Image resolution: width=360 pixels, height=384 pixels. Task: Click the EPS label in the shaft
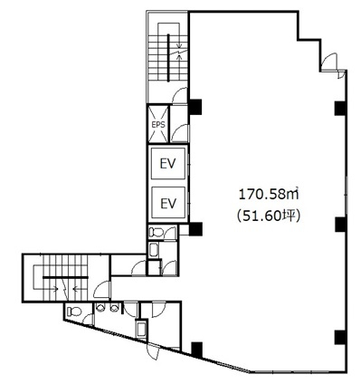(158, 124)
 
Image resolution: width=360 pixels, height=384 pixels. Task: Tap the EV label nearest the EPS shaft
(167, 164)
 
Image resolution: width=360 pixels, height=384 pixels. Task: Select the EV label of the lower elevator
(167, 203)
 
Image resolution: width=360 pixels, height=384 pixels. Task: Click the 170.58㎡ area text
(269, 195)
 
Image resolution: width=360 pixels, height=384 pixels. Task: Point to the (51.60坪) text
(269, 216)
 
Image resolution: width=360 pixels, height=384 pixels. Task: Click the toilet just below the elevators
(156, 232)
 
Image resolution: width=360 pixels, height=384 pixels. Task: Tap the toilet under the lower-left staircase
(74, 311)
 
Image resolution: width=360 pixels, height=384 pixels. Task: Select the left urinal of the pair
(99, 308)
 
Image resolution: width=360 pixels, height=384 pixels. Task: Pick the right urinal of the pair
(113, 308)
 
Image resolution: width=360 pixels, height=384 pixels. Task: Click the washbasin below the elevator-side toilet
(154, 250)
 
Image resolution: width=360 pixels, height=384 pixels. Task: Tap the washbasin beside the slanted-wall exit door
(141, 330)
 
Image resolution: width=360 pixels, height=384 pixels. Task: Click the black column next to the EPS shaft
(195, 107)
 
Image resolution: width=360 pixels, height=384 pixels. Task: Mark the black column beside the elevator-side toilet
(195, 229)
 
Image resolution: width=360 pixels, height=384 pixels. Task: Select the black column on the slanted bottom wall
(197, 349)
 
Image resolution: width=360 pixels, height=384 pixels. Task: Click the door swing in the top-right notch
(329, 62)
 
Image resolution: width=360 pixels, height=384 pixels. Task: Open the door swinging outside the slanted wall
(153, 352)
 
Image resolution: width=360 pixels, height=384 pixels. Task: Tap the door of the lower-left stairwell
(102, 290)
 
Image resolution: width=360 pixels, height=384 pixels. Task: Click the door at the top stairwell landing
(180, 95)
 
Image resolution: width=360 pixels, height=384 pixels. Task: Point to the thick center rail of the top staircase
(168, 58)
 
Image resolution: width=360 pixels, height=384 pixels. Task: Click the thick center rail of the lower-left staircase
(65, 277)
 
